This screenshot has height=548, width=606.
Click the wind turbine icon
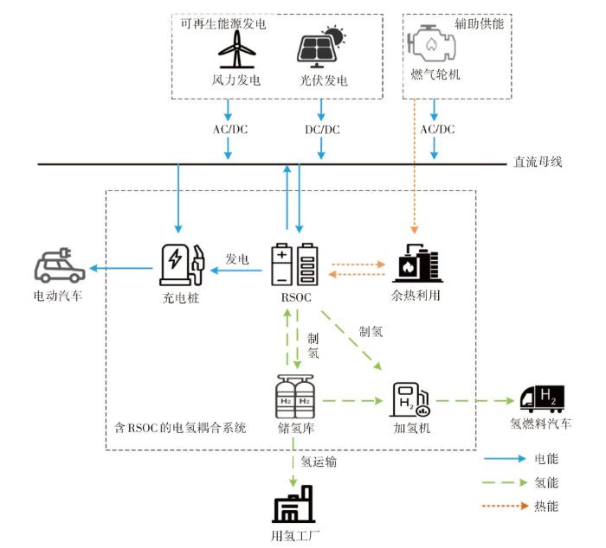[x=237, y=49]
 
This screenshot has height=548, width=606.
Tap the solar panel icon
[x=321, y=47]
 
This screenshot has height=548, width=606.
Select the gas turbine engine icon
[x=431, y=43]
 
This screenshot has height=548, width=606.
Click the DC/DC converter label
[x=322, y=130]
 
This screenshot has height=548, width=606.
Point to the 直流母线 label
[x=538, y=162]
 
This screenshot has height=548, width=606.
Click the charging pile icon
[x=182, y=264]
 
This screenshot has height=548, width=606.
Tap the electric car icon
[x=59, y=265]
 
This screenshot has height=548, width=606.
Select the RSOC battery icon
[x=295, y=264]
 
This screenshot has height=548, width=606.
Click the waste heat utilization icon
[x=417, y=264]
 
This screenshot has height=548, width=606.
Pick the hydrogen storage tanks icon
[x=295, y=397]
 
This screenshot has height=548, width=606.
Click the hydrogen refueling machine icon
[x=409, y=399]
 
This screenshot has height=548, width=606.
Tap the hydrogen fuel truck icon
[x=542, y=399]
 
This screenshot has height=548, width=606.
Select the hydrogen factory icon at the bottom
[x=293, y=504]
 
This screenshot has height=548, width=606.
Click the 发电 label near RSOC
[x=237, y=259]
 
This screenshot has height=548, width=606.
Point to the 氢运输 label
[x=319, y=462]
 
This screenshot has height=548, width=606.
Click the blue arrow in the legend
[x=505, y=459]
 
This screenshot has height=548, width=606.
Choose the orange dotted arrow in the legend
[x=505, y=506]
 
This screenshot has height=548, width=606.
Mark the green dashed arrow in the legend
[x=505, y=482]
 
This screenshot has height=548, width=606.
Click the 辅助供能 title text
[x=480, y=24]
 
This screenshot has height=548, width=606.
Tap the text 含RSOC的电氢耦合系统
[x=180, y=428]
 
